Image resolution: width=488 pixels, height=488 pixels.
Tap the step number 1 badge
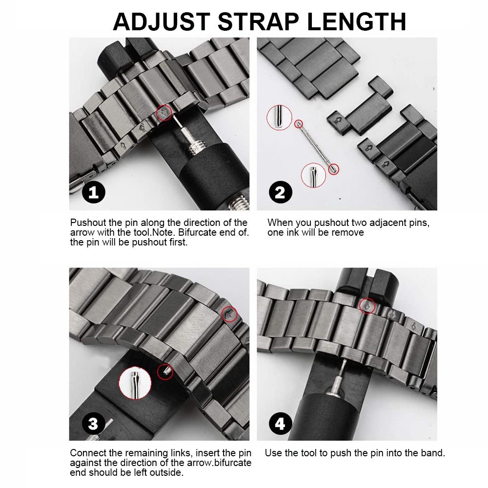point(93,193)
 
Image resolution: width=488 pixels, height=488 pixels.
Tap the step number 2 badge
point(280,193)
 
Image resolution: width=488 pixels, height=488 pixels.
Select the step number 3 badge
point(93,424)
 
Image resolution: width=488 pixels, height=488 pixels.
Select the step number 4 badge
point(280,424)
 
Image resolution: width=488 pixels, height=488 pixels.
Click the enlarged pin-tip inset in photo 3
point(135,382)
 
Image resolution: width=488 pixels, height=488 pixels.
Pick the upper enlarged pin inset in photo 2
point(278,119)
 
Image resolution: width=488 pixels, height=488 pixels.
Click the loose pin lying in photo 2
point(315,146)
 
